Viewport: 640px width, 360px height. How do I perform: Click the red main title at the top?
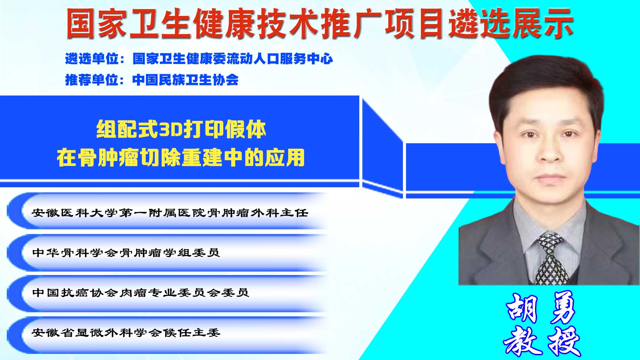320,23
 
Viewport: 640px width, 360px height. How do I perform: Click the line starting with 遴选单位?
199,59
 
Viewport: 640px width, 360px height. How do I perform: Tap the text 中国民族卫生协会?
186,80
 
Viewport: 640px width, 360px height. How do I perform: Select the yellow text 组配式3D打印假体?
181,129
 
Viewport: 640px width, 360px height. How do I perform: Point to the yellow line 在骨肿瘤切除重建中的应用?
181,157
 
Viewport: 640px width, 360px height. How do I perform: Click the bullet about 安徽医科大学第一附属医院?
170,213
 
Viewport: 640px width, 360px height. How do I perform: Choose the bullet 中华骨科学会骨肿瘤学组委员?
126,253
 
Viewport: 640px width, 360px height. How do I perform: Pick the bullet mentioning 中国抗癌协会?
141,292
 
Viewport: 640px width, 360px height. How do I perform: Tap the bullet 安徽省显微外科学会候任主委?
126,332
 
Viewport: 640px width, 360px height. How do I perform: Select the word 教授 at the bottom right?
542,341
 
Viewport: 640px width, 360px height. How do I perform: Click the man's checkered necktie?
551,259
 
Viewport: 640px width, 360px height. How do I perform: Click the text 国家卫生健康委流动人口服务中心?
233,59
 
